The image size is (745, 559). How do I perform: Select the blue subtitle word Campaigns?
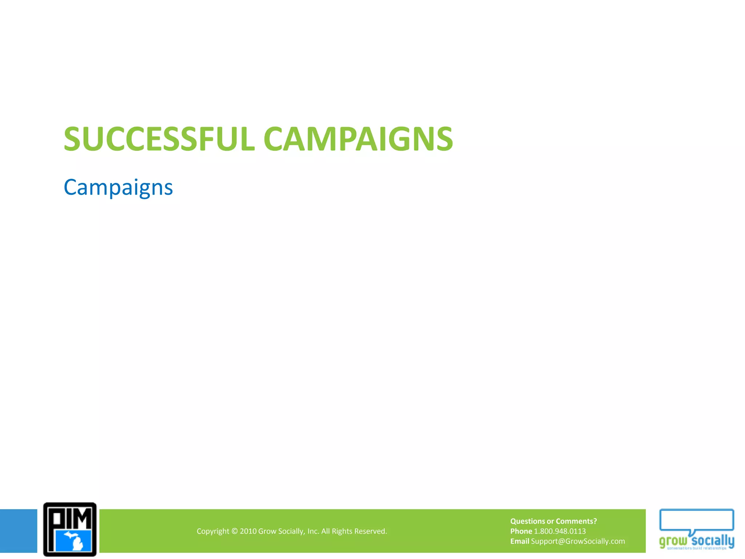[x=118, y=188]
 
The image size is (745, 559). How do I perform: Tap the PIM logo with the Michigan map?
[x=70, y=530]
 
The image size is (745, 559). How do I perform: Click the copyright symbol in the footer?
[x=234, y=531]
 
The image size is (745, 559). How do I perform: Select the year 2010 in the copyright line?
[x=248, y=531]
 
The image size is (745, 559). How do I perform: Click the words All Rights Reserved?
[x=354, y=531]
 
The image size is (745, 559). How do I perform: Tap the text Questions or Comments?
[x=553, y=521]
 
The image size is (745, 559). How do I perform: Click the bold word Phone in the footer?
[x=521, y=531]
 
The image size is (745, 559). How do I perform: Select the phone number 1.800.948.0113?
[x=560, y=531]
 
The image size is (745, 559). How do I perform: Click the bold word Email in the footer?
[x=519, y=541]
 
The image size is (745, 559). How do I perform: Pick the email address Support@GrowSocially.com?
[x=578, y=541]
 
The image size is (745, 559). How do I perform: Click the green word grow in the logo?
[x=673, y=541]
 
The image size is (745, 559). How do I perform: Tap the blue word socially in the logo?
[x=713, y=540]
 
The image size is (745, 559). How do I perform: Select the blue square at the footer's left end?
[x=18, y=531]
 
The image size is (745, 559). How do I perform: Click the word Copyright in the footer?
[x=213, y=531]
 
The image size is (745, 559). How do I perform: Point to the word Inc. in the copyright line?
[x=313, y=531]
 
